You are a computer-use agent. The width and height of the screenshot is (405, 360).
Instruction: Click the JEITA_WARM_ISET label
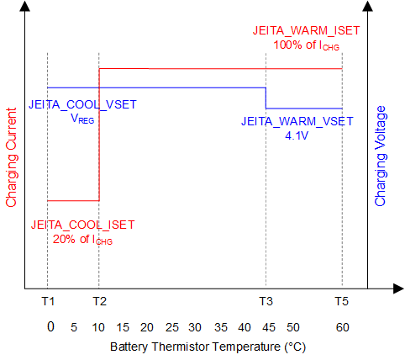[x=307, y=30]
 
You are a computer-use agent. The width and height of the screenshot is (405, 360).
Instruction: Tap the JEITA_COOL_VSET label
[x=82, y=105]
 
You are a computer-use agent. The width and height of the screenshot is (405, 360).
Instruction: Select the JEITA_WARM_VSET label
[x=297, y=121]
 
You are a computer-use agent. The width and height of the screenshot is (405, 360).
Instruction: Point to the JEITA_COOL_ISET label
[x=82, y=225]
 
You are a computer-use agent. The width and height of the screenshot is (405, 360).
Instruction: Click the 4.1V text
[x=297, y=135]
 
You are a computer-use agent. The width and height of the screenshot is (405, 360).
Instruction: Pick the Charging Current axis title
[x=11, y=157]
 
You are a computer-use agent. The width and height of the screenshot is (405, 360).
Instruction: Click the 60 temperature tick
[x=342, y=326]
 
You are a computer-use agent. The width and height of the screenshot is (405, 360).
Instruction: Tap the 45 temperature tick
[x=267, y=326]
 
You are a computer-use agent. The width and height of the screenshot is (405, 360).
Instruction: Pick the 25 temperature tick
[x=172, y=326]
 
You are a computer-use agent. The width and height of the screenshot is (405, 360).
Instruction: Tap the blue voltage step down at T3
[x=266, y=98]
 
